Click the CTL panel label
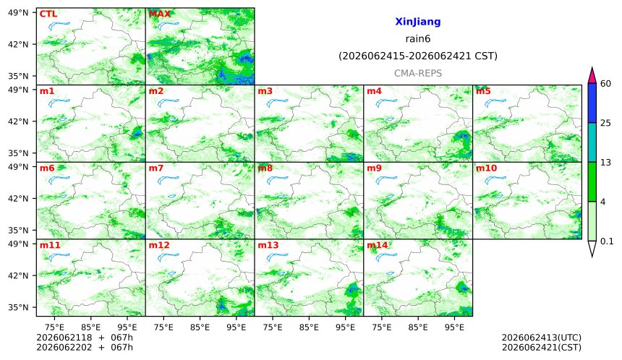click(48, 14)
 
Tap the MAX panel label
click(159, 14)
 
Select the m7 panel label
click(156, 168)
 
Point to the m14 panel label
click(378, 245)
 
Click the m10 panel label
click(486, 168)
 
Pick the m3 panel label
click(265, 91)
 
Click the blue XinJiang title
click(418, 22)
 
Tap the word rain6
click(418, 39)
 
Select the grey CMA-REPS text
click(418, 73)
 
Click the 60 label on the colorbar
click(606, 84)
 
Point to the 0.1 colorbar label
click(607, 241)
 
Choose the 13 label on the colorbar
click(605, 163)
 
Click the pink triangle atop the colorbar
click(592, 76)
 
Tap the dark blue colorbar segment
click(592, 103)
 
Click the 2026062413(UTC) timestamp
click(542, 338)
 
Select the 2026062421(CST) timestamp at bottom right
click(542, 348)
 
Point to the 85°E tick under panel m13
click(309, 327)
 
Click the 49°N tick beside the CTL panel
click(18, 13)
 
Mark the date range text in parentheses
click(418, 56)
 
